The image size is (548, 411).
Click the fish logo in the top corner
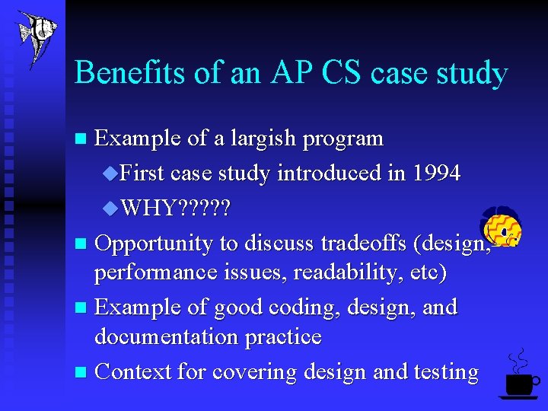coord(36,36)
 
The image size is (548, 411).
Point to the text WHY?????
coord(176,208)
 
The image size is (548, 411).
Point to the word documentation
coord(167,336)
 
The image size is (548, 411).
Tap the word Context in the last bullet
coord(133,371)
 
